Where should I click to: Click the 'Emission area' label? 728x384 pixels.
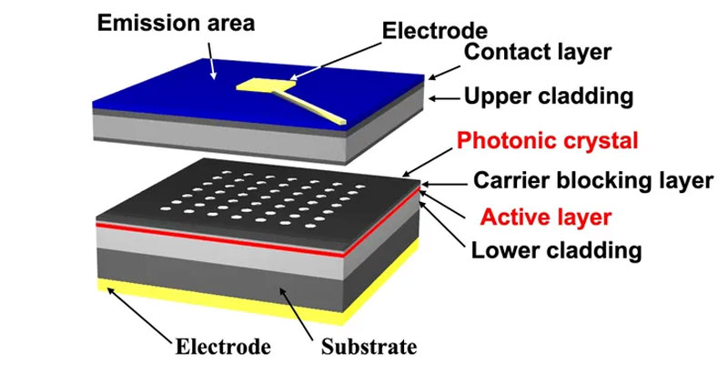176,24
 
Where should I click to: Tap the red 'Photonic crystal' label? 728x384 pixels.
548,141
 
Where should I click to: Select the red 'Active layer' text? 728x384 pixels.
545,217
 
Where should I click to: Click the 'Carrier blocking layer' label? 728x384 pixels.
593,180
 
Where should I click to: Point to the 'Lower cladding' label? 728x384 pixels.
556,251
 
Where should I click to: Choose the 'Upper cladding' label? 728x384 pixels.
549,96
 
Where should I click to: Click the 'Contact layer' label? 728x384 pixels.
538,52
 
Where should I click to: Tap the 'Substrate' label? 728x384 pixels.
369,347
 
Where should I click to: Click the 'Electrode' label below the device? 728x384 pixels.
223,347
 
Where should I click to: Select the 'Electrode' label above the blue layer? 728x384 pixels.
435,31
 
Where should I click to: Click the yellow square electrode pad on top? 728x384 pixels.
266,84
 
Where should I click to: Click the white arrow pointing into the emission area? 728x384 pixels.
211,60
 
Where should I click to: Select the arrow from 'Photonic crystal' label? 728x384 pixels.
427,163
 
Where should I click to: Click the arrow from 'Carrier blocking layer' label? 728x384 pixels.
444,185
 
